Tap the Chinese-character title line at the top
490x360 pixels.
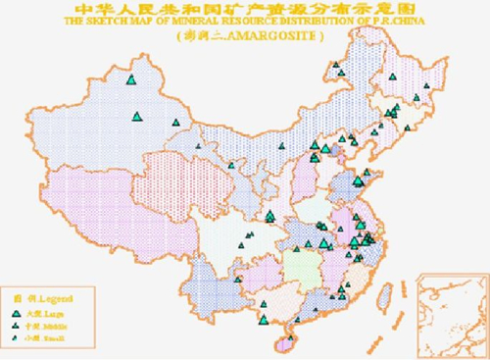[x=245, y=8]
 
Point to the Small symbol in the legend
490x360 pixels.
[x=16, y=336]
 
